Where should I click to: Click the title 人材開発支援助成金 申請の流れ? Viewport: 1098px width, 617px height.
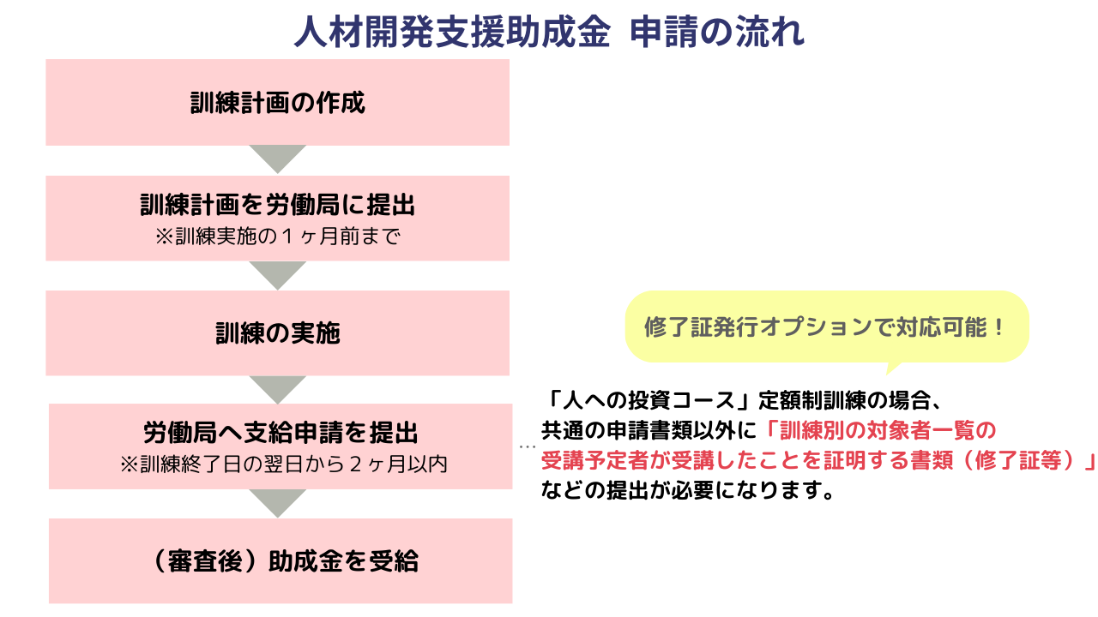[549, 33]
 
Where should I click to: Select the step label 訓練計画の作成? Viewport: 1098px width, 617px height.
[278, 103]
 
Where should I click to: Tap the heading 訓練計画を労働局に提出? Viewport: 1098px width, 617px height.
[278, 206]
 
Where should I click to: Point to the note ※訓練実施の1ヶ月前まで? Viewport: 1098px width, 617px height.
[278, 237]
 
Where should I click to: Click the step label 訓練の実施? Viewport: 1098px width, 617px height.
[278, 332]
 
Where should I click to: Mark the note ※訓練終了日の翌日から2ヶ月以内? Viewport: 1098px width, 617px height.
[283, 464]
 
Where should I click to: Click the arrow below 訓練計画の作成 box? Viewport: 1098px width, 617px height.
[278, 159]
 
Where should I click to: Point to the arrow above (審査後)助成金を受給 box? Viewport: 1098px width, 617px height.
[278, 503]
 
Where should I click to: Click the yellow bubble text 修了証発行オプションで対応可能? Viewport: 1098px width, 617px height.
[824, 328]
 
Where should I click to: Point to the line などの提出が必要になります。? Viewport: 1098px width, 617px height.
[688, 493]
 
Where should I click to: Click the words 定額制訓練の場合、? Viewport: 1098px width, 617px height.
[846, 399]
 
